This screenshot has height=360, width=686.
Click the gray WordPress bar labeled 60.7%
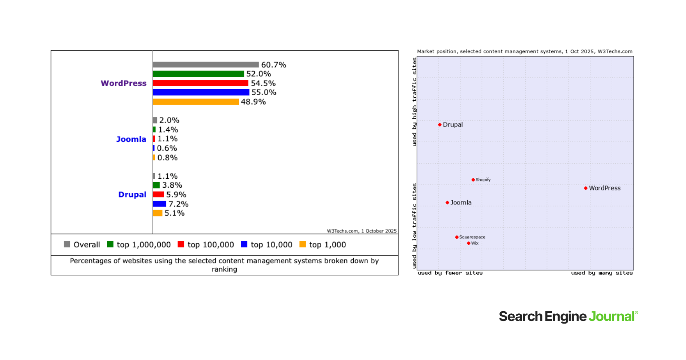[206, 65]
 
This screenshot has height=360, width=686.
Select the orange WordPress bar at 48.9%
[196, 102]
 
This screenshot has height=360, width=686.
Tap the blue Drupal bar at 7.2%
[159, 204]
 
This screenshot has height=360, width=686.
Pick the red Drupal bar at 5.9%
[158, 195]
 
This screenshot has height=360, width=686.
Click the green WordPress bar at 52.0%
[198, 74]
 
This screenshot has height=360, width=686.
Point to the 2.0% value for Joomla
[169, 120]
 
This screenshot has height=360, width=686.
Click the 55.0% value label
[264, 93]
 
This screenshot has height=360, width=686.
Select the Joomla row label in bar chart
[131, 139]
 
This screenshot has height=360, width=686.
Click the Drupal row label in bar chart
[132, 195]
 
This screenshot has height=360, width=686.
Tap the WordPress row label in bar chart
[123, 83]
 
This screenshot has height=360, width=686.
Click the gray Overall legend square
[67, 244]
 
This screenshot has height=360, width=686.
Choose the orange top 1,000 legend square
[303, 244]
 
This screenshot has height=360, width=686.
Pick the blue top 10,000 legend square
[244, 244]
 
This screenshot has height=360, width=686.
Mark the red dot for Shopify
[473, 180]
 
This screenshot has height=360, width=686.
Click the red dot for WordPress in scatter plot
[586, 188]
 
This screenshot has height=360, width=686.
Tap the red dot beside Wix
[469, 243]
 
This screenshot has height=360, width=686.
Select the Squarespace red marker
[457, 237]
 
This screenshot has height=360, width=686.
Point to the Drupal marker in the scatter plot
[439, 125]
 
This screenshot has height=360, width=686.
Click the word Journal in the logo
[611, 317]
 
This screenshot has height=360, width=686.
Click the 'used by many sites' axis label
[602, 273]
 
